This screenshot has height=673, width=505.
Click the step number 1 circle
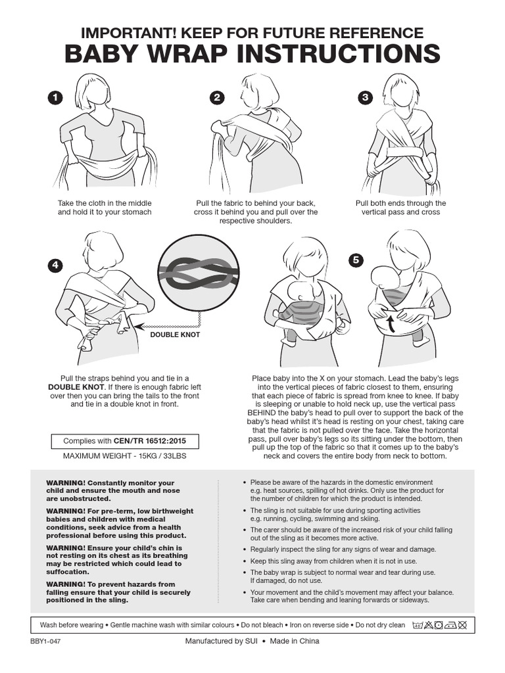tap(55, 98)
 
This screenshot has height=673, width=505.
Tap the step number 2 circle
tap(216, 98)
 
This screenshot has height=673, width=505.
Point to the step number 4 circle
tap(55, 265)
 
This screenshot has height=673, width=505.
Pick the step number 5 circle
tap(356, 260)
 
